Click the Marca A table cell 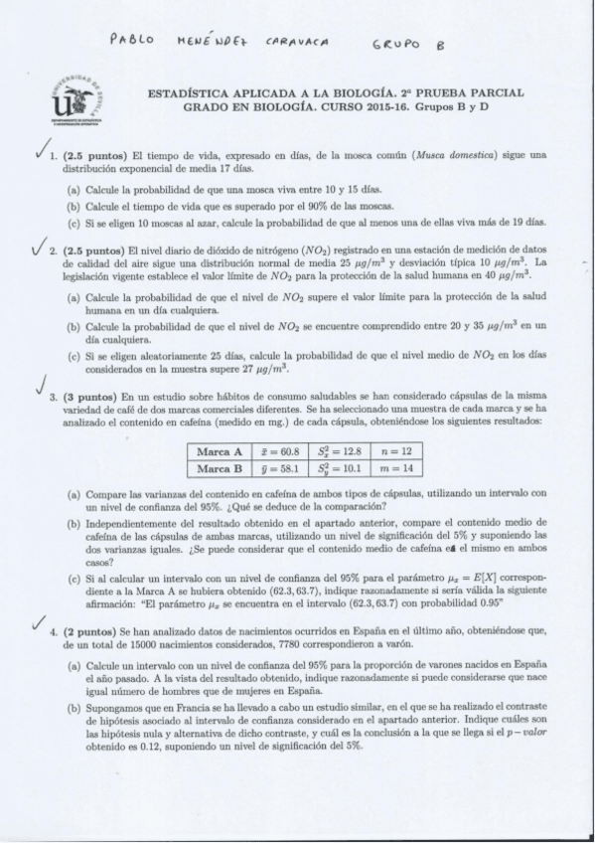[221, 451]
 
